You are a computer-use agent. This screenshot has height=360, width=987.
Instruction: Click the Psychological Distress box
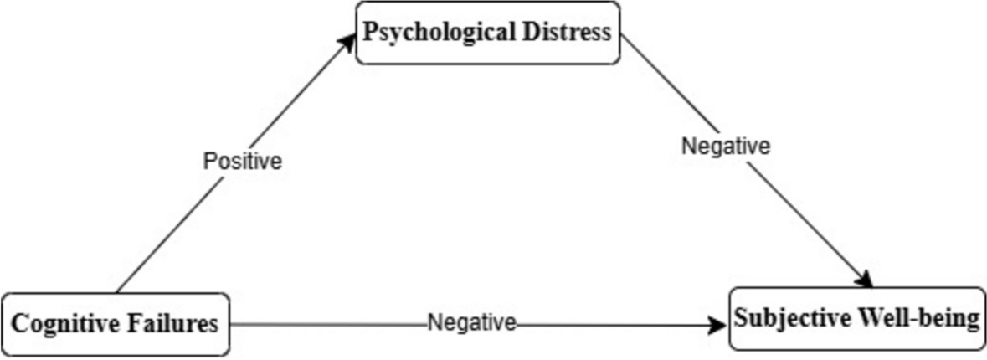click(488, 33)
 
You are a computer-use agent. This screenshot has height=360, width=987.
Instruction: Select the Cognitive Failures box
click(116, 324)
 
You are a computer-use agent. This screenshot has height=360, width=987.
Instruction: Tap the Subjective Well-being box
click(857, 319)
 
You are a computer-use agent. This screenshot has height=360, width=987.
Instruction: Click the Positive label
click(243, 161)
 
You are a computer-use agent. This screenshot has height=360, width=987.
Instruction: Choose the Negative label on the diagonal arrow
click(725, 146)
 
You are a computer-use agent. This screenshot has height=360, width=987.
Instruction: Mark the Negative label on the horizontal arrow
click(472, 322)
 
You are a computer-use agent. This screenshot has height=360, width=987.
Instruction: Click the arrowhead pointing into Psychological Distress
click(350, 43)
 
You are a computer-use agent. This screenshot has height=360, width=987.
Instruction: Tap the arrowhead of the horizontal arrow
click(718, 325)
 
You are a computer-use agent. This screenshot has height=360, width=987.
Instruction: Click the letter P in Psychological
click(369, 33)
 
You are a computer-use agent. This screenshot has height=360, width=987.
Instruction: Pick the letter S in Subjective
click(741, 319)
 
